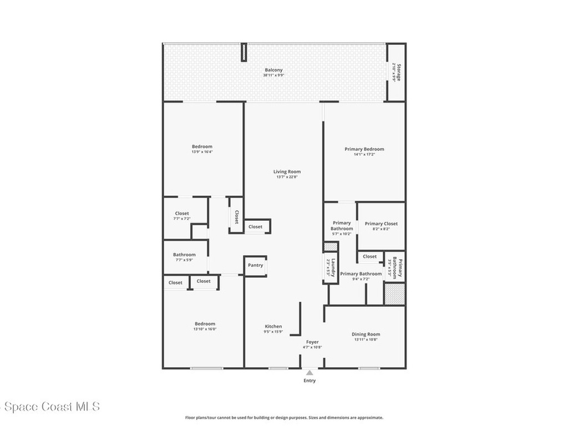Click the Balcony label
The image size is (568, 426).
273,70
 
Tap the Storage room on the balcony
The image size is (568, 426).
395,72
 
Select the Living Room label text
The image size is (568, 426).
287,171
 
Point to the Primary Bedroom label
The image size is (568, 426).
364,149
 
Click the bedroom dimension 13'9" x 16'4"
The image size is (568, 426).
202,152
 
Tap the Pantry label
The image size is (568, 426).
255,265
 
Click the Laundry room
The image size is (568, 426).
329,268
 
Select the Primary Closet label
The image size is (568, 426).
381,224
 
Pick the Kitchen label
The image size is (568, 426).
273,326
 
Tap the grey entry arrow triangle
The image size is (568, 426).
309,373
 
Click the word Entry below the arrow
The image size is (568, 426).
309,381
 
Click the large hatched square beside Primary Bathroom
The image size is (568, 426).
394,293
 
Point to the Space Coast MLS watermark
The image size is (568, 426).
50,407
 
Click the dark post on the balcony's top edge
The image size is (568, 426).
244,53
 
